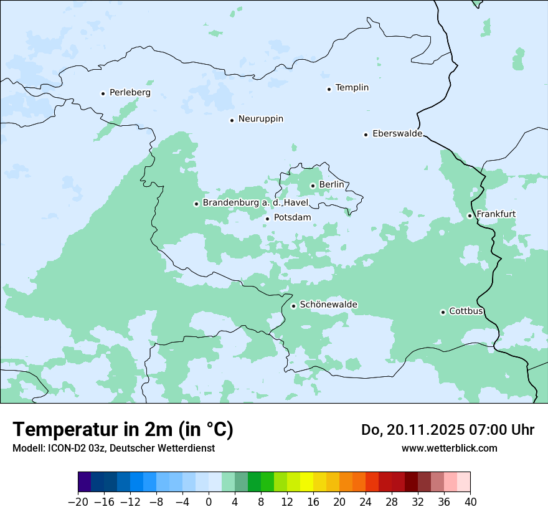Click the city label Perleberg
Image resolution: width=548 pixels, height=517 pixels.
130,93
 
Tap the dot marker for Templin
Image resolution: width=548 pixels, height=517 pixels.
329,89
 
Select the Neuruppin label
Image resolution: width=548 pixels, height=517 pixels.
261,119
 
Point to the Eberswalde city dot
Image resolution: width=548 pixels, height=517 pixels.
366,135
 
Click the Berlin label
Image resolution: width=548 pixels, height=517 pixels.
331,185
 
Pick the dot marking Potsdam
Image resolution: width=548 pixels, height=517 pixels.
267,219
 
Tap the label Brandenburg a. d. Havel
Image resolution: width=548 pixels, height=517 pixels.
255,203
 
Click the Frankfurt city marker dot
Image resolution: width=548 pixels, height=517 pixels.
470,216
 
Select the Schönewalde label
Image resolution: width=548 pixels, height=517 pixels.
328,305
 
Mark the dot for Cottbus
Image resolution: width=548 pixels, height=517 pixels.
443,312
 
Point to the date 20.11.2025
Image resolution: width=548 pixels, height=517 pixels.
422,430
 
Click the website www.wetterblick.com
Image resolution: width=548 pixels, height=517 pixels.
449,448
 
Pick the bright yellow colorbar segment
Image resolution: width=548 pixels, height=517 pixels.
306,482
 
